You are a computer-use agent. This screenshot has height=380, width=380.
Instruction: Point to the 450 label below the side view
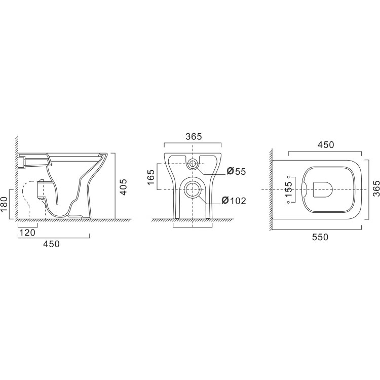51,244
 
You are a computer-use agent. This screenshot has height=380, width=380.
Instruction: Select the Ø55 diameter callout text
236,172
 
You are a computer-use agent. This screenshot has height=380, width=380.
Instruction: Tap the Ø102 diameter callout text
234,201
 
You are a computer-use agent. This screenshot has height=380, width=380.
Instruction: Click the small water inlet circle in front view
193,163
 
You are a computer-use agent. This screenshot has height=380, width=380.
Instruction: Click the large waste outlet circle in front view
193,190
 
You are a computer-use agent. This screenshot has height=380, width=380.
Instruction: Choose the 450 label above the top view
325,145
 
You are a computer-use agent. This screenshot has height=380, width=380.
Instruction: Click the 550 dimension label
320,237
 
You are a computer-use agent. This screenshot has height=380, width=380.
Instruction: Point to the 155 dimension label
288,189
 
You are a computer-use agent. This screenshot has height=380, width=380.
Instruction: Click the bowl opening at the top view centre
322,189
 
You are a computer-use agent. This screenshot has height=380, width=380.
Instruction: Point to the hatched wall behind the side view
17,172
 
